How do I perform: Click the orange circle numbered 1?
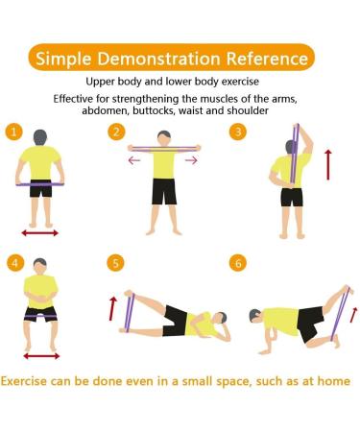[14, 132]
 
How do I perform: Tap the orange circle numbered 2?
[116, 132]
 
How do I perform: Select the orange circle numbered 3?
[238, 132]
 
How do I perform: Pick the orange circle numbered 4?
[15, 263]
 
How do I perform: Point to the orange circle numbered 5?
[116, 263]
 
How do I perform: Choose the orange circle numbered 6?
[238, 263]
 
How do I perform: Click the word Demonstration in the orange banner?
[159, 59]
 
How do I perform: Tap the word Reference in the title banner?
[267, 59]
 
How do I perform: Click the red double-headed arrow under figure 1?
[40, 233]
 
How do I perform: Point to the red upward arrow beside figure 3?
[328, 164]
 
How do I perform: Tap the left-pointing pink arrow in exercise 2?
[134, 160]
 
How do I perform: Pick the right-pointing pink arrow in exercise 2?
[191, 160]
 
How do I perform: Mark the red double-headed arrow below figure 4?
[41, 356]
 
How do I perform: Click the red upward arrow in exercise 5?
[112, 308]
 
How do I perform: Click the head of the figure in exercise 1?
[40, 138]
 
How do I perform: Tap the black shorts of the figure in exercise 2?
[164, 191]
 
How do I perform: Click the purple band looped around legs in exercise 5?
[130, 313]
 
